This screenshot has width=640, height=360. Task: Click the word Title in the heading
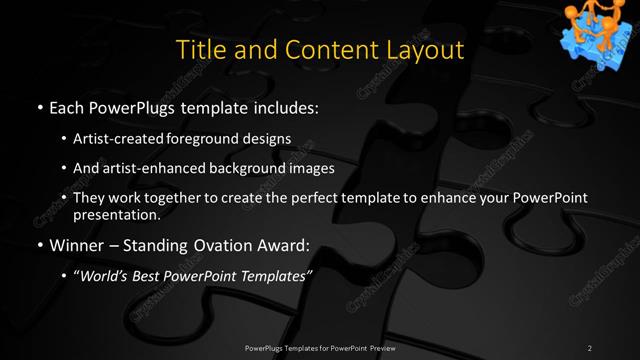198,49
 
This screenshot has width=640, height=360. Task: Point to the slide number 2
589,347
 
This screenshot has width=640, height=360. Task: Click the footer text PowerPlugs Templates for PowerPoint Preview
319,347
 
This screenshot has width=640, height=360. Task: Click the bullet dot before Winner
39,245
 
